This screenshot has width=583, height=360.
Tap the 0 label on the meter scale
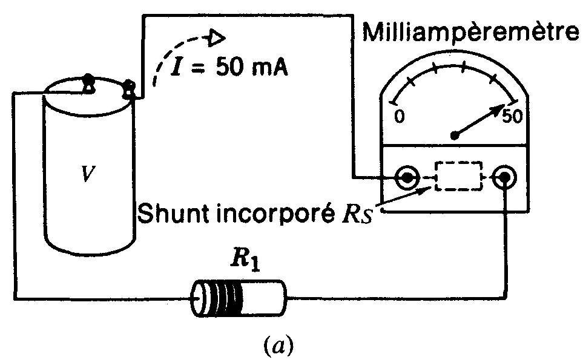(399, 116)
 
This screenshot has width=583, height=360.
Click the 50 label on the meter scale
(512, 117)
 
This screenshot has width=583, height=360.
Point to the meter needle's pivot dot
(455, 135)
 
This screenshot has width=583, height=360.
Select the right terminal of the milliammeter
(504, 178)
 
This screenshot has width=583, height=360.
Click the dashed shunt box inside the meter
(458, 177)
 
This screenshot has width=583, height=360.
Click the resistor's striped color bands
(227, 298)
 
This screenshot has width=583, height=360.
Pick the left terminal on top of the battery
(88, 82)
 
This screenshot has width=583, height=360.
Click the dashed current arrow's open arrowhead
(216, 38)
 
